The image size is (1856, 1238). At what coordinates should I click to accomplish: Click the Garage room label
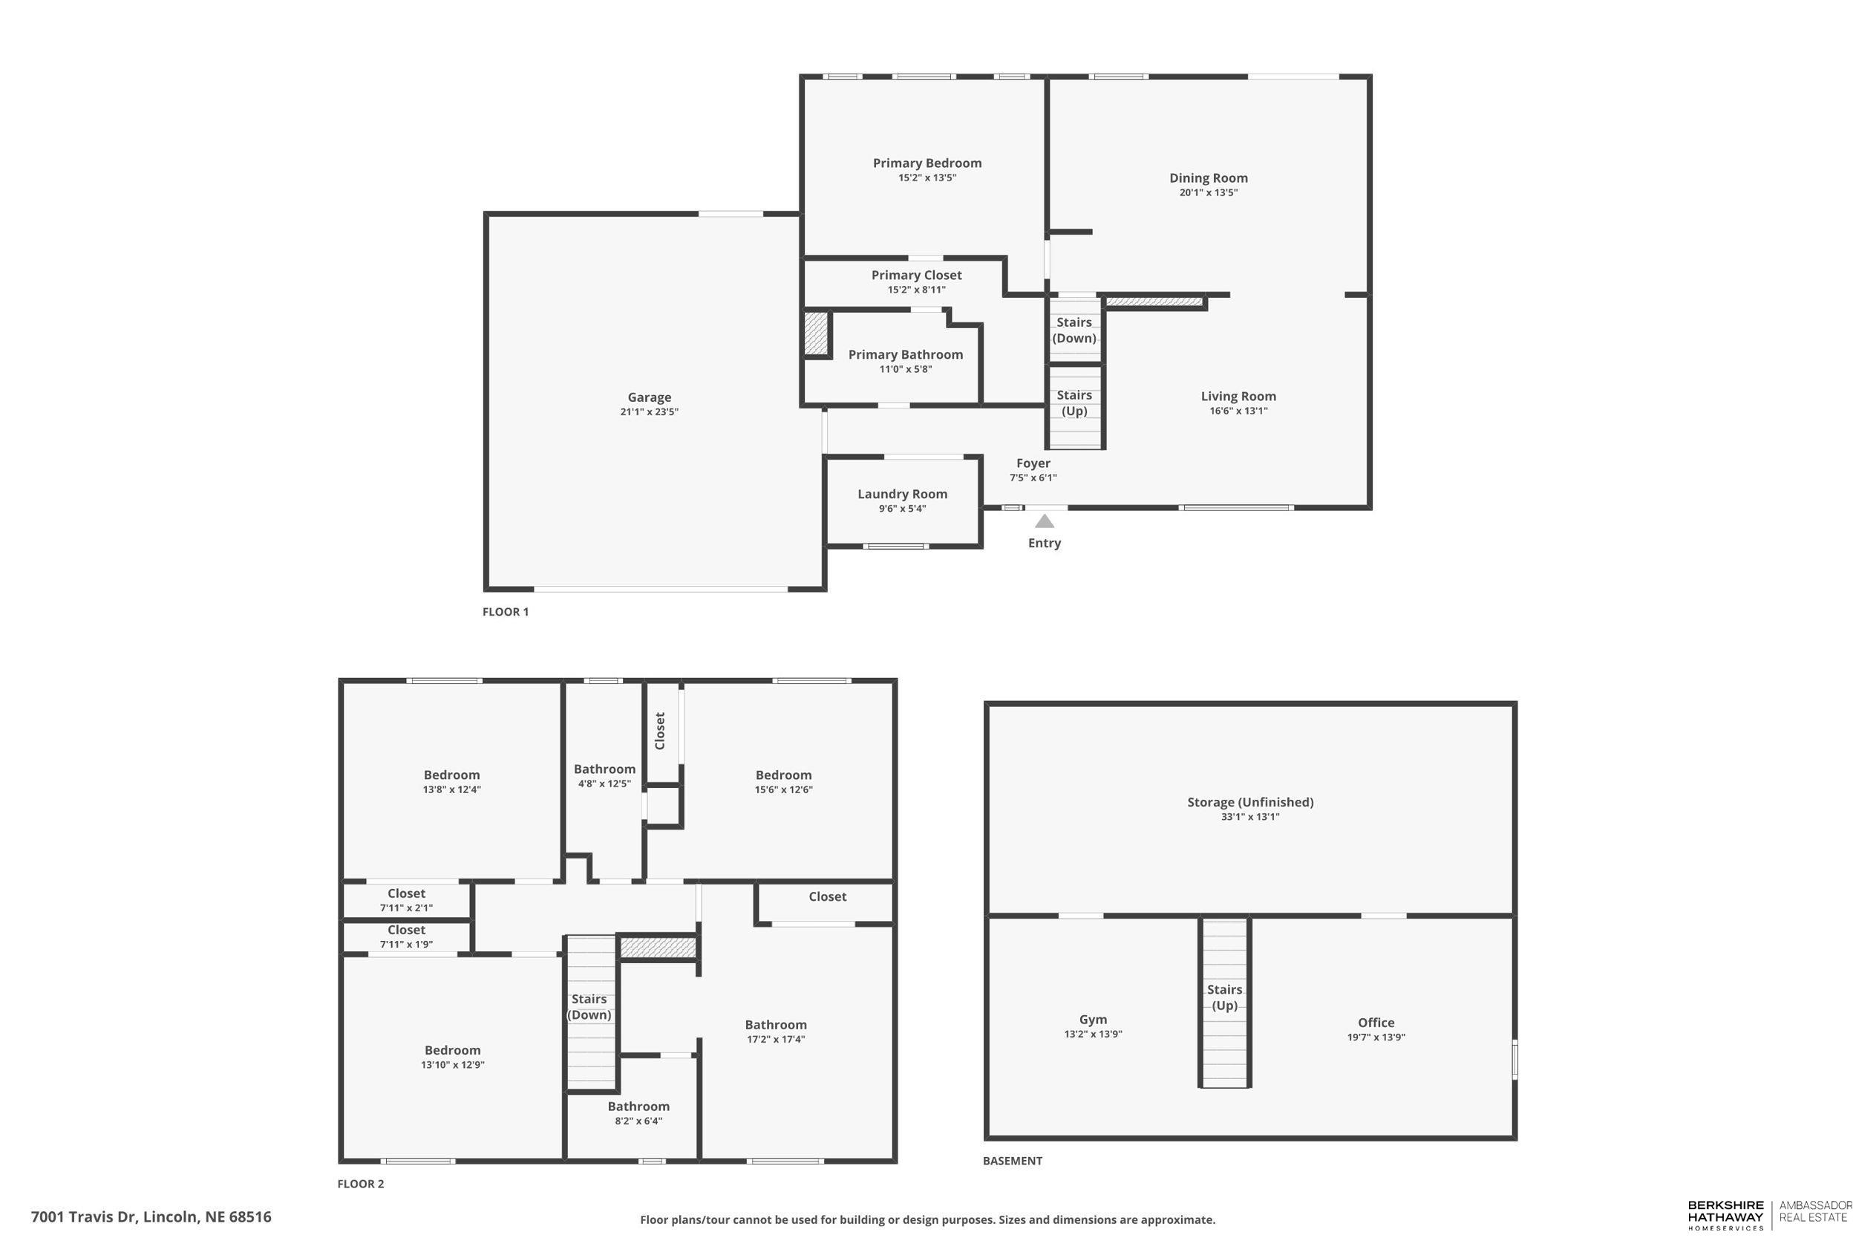coord(649,397)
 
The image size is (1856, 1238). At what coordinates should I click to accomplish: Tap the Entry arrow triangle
coord(1044,521)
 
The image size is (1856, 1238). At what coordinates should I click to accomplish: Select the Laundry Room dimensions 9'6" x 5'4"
coord(902,509)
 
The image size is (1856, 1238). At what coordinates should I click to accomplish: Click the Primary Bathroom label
coord(905,354)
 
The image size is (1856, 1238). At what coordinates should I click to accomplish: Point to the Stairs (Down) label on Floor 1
coord(1074,330)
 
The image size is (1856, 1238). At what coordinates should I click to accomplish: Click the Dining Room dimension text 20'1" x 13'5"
coord(1208,192)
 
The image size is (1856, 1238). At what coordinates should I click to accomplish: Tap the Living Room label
coord(1238,397)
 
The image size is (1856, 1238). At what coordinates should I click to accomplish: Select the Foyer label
coord(1033,463)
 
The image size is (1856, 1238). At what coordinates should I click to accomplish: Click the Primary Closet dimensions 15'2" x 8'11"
coord(916,290)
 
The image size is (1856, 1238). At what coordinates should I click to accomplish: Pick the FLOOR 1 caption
coord(505,612)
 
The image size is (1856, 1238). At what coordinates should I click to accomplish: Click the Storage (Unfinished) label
coord(1250,802)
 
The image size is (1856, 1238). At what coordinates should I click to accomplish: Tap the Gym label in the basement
coord(1093,1020)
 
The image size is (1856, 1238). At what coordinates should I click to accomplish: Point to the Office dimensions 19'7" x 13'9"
coord(1376,1037)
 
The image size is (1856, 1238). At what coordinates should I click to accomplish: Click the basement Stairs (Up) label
coord(1224,997)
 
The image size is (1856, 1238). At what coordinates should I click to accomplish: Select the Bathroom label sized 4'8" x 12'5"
coord(604,769)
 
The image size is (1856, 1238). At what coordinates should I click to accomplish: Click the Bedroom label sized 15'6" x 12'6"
coord(782,775)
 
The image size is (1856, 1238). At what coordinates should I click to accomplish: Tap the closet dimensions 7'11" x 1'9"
coord(405,945)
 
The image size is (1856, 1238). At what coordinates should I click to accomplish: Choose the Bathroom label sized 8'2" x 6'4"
coord(638,1106)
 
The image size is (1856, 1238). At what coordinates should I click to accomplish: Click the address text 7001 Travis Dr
coord(85,1216)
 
